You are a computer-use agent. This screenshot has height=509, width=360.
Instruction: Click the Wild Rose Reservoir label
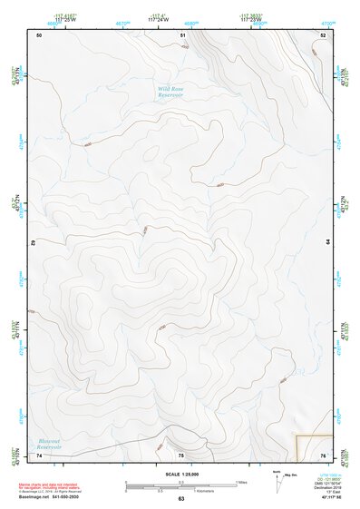click(170, 92)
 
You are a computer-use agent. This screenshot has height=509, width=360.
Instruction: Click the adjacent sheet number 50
click(39, 34)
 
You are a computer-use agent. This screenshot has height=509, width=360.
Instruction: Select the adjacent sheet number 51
click(182, 34)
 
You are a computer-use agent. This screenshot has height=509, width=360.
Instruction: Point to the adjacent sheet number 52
click(324, 34)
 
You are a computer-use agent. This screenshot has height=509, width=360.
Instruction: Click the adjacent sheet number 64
click(326, 242)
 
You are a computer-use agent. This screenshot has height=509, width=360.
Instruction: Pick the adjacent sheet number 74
click(39, 455)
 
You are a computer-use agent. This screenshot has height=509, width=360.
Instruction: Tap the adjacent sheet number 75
click(180, 455)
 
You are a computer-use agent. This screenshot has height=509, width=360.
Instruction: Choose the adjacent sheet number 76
click(324, 455)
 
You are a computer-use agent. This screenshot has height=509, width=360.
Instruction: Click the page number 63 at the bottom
click(180, 498)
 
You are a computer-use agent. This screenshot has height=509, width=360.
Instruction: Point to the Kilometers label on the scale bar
click(189, 491)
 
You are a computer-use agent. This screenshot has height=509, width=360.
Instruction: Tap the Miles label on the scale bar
click(241, 481)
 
